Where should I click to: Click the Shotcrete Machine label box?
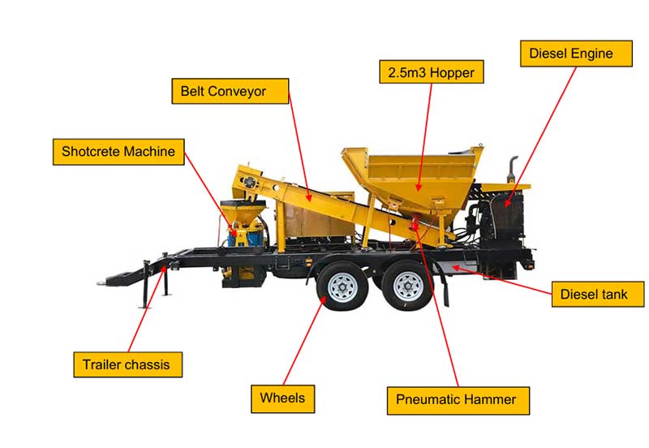click(118, 152)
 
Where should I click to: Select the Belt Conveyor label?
click(230, 91)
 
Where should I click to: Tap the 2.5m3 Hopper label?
click(432, 72)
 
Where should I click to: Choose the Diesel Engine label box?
click(576, 54)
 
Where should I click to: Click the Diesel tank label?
click(598, 294)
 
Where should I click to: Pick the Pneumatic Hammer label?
click(458, 400)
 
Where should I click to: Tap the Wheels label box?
click(282, 398)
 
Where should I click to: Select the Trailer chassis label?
click(128, 364)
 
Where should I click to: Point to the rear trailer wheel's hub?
click(407, 286)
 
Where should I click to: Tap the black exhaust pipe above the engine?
click(513, 169)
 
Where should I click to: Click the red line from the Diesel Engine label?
click(540, 136)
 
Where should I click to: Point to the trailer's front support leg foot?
click(144, 307)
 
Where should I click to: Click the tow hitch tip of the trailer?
click(100, 283)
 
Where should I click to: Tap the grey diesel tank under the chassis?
click(455, 267)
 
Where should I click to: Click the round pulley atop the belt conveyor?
click(249, 183)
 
